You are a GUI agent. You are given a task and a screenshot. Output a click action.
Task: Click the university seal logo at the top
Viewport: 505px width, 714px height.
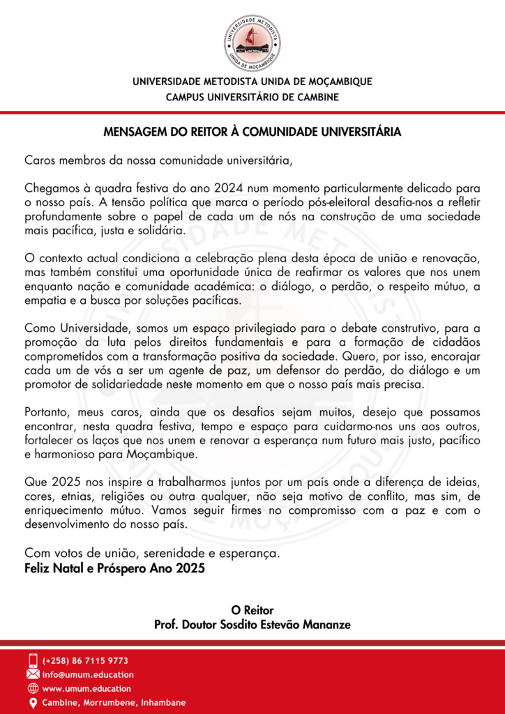252,43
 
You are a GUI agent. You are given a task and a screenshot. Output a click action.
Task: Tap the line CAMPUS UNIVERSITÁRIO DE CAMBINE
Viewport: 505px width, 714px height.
252,97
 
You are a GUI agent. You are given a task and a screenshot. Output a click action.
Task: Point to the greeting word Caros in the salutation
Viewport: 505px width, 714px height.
40,160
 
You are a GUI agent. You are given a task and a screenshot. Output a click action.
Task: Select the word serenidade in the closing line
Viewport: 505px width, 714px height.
175,553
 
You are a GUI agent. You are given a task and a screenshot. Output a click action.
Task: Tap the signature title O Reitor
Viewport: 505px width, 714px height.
252,610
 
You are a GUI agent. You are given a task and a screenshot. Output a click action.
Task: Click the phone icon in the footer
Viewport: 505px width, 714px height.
33,660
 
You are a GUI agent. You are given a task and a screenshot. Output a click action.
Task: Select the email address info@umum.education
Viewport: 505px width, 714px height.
88,675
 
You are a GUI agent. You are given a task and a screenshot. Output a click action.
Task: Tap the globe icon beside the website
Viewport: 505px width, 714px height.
33,689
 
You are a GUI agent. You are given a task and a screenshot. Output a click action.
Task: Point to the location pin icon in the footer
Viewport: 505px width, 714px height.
33,703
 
